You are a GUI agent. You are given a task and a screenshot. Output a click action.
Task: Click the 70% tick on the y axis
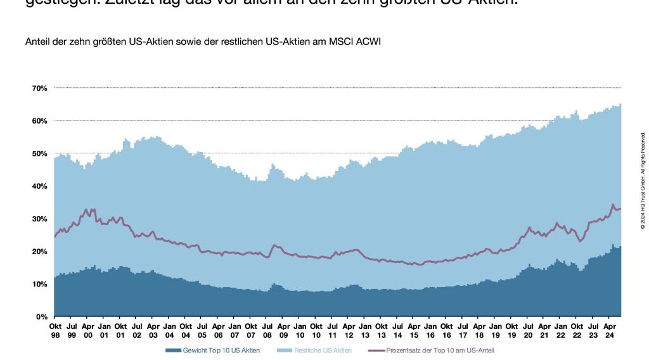pos(39,88)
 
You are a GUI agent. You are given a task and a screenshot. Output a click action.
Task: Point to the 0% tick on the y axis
pos(41,316)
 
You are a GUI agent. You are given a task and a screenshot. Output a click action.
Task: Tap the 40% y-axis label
pos(39,186)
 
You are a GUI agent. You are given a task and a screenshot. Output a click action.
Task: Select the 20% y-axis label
pos(39,252)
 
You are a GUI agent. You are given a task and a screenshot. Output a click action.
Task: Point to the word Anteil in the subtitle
pos(36,42)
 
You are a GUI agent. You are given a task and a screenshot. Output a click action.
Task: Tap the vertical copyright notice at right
pos(642,180)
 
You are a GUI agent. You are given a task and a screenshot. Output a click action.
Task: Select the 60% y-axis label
pos(39,121)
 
